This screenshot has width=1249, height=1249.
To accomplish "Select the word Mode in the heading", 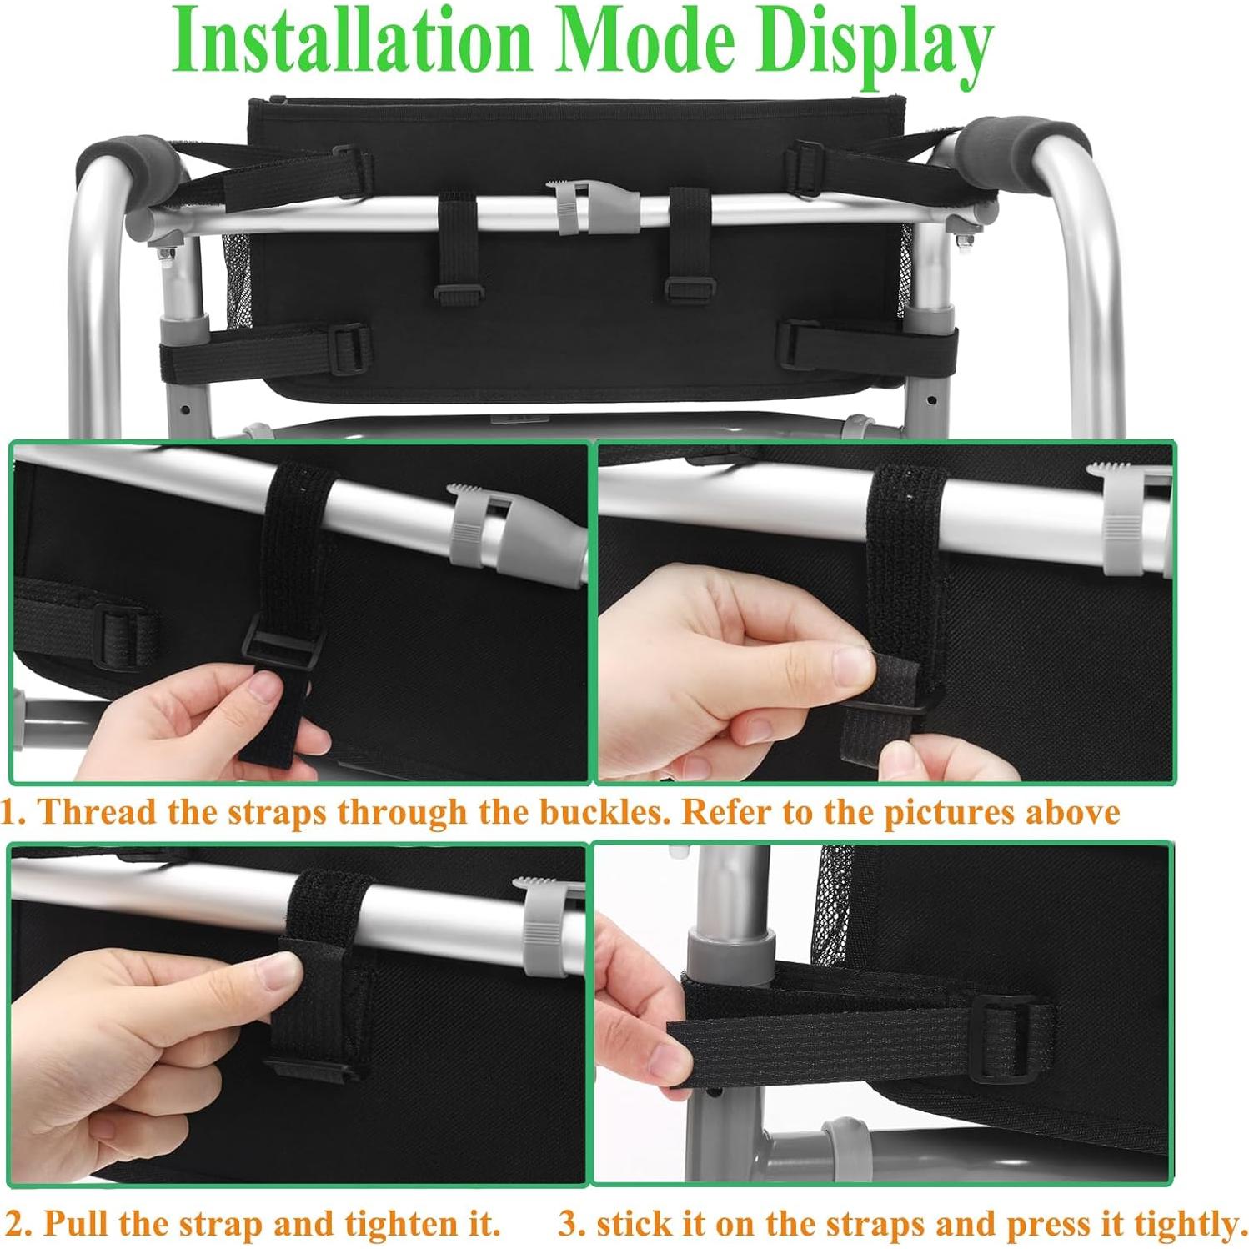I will (x=645, y=42).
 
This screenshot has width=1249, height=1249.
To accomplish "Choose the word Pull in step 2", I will (x=75, y=1223).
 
